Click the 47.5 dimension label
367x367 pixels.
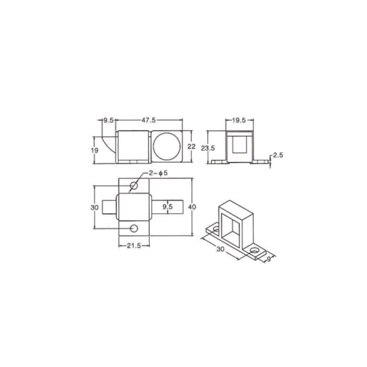pos(149,120)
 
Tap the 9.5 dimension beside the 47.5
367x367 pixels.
pos(109,120)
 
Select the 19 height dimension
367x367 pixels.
pos(95,151)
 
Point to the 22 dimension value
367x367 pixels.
pos(190,147)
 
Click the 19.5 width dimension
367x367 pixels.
pos(239,120)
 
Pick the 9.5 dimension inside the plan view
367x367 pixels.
pos(168,206)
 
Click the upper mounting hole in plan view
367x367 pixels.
pos(135,186)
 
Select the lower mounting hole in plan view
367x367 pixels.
pos(135,229)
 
